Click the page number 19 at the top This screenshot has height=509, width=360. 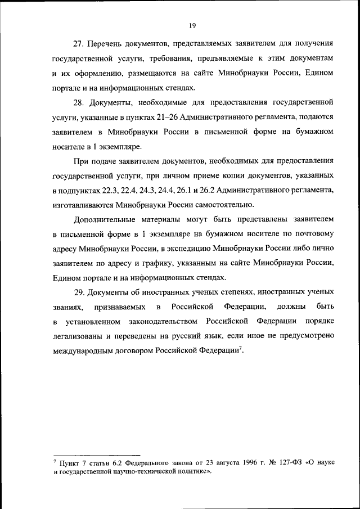point(192,25)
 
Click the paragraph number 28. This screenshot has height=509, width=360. point(80,103)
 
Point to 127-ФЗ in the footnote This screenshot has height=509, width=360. point(281,462)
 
